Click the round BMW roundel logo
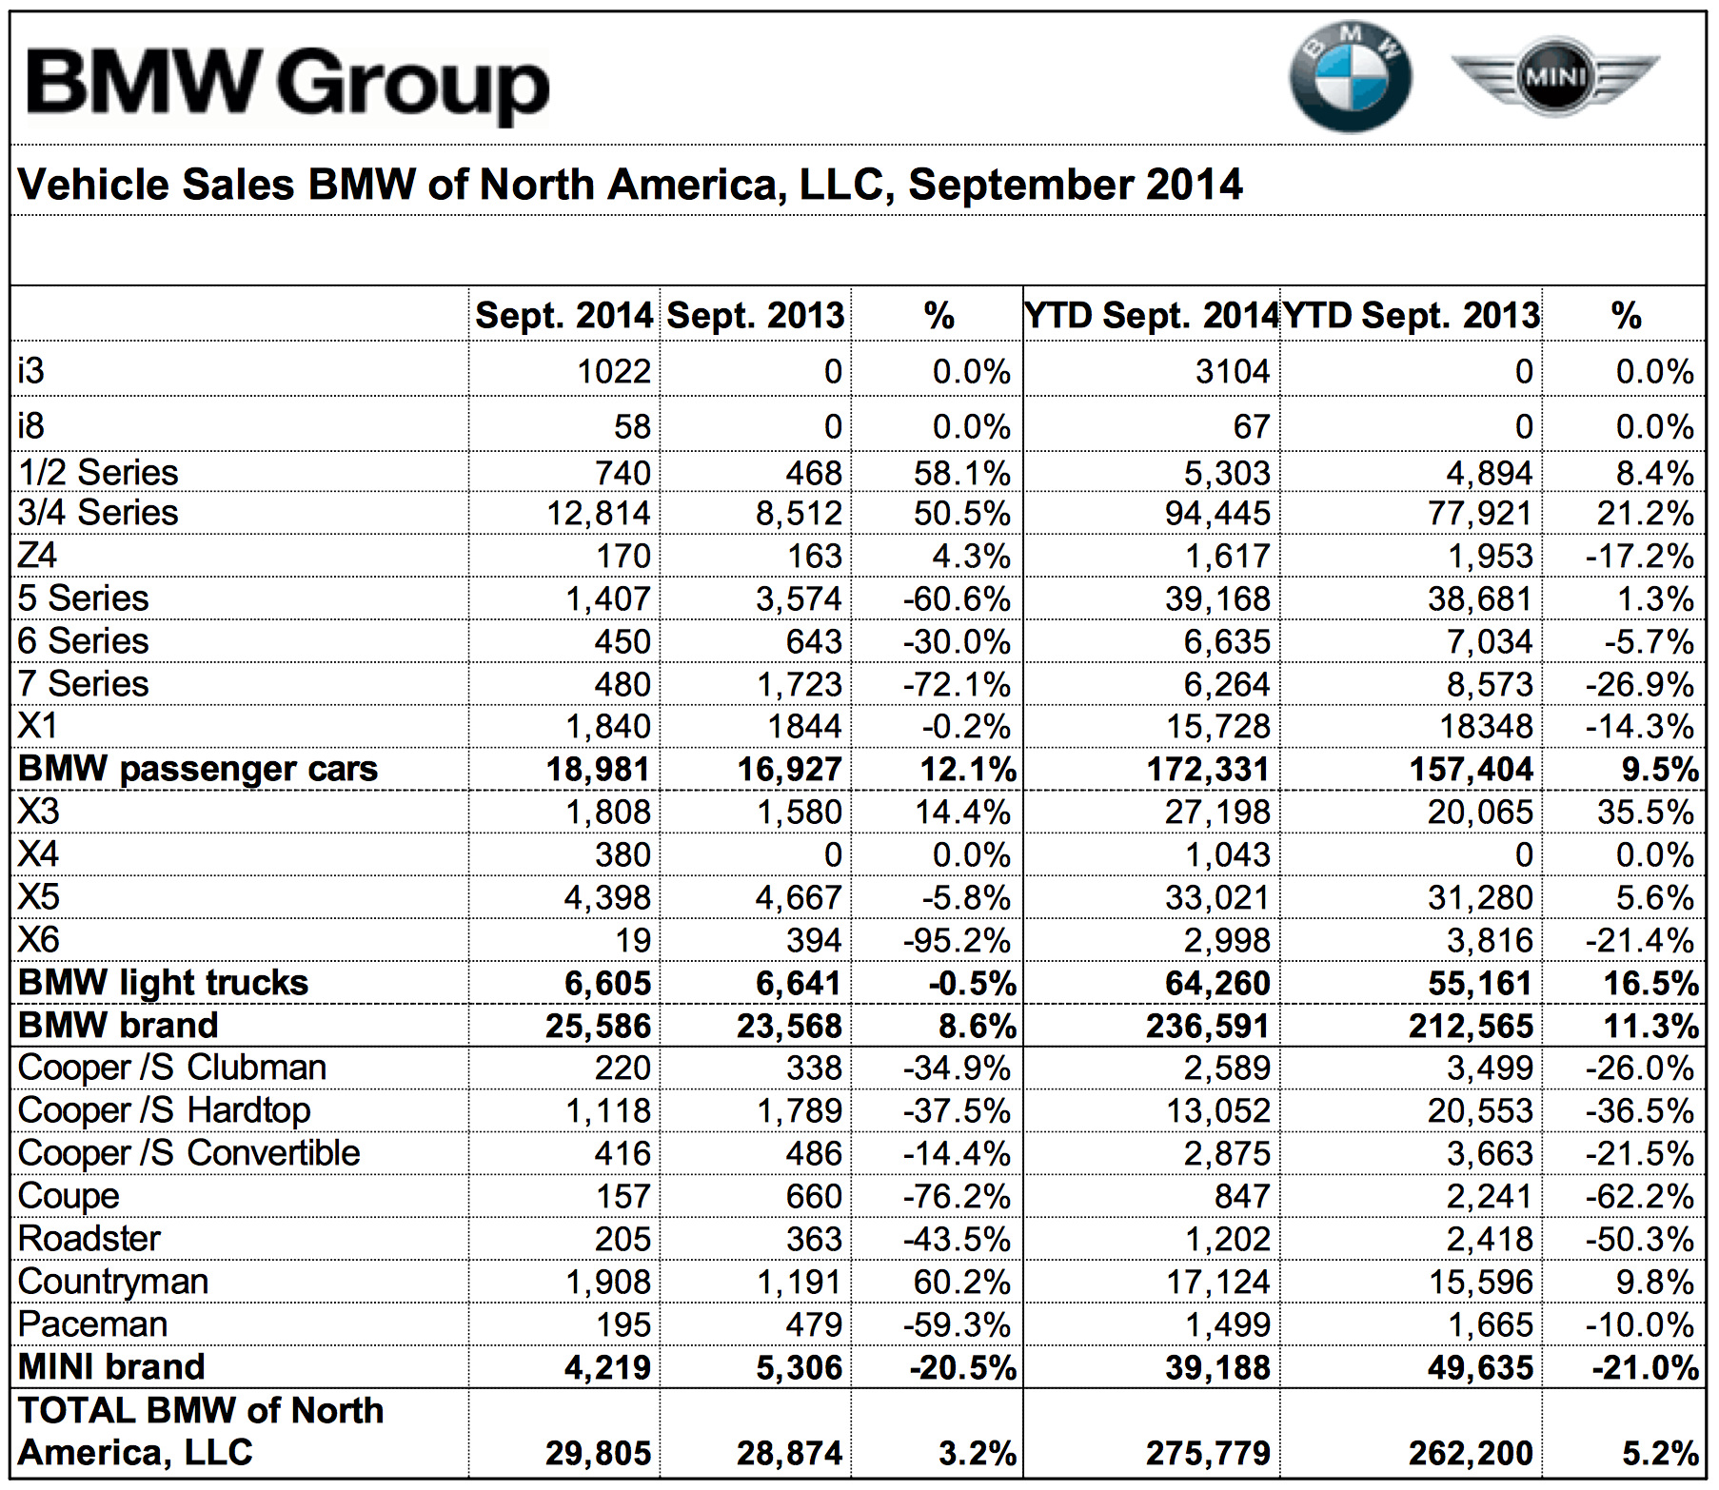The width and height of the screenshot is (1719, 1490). tap(1350, 77)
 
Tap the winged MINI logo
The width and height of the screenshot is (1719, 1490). tap(1554, 75)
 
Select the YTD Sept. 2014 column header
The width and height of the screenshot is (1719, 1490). tap(1151, 316)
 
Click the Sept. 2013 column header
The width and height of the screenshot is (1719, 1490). tap(756, 316)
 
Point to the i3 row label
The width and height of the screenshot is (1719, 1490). tap(31, 370)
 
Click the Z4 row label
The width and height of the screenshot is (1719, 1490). tap(38, 555)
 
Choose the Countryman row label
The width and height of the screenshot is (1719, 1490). tap(113, 1282)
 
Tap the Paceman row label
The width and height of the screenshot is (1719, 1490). tap(93, 1324)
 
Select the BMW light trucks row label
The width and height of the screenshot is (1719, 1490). tap(163, 983)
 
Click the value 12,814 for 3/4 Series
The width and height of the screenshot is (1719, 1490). tap(598, 514)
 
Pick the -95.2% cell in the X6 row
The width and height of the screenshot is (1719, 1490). tap(957, 941)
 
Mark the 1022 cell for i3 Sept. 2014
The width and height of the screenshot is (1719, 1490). tap(614, 371)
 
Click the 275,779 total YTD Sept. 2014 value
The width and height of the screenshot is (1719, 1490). tap(1208, 1453)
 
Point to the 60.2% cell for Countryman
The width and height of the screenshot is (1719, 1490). tap(961, 1282)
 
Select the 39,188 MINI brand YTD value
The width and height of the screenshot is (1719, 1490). tap(1217, 1367)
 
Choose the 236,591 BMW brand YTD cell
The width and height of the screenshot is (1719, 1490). tap(1208, 1026)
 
